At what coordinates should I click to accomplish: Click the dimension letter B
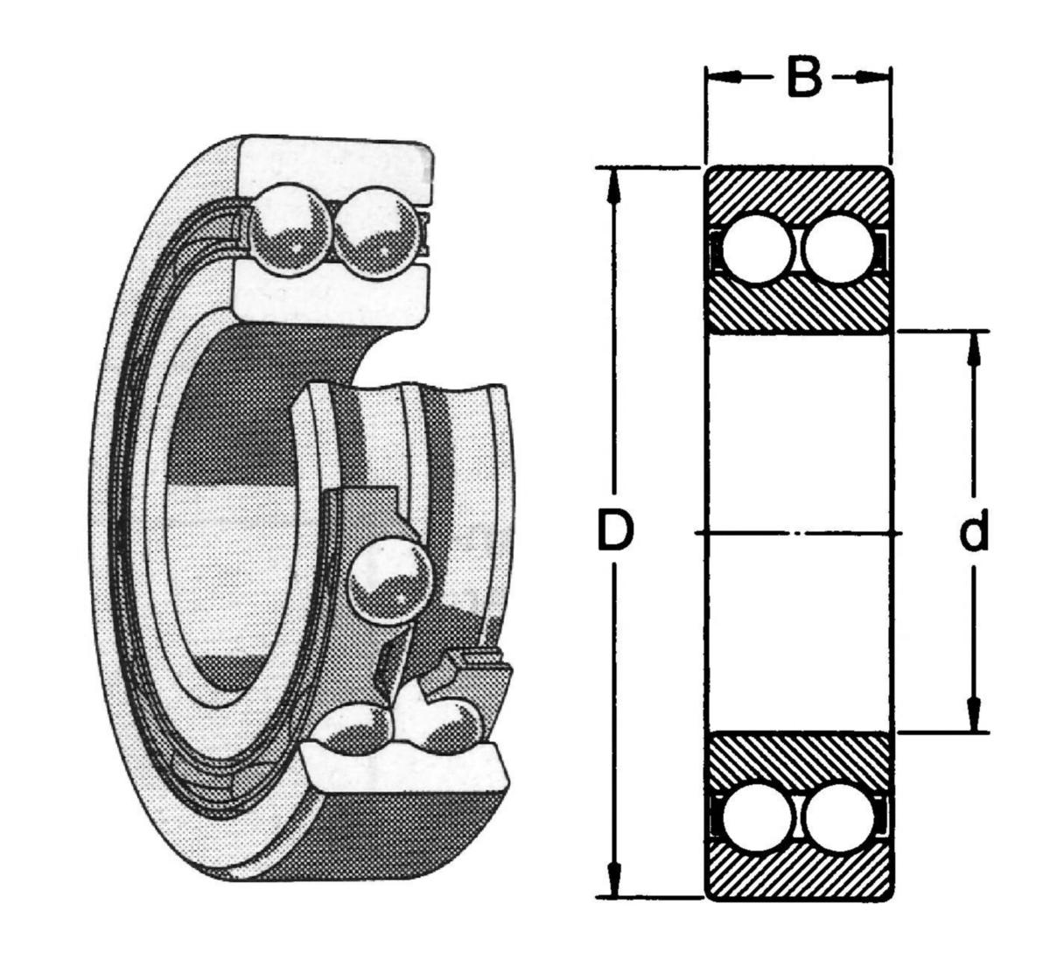[x=803, y=77]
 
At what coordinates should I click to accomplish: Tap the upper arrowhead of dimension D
[x=615, y=180]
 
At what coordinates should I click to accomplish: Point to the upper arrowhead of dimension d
[x=973, y=346]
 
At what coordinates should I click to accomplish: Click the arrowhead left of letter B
[x=721, y=77]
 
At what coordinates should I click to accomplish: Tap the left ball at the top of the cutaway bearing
[x=290, y=229]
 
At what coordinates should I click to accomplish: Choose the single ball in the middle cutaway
[x=390, y=578]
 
